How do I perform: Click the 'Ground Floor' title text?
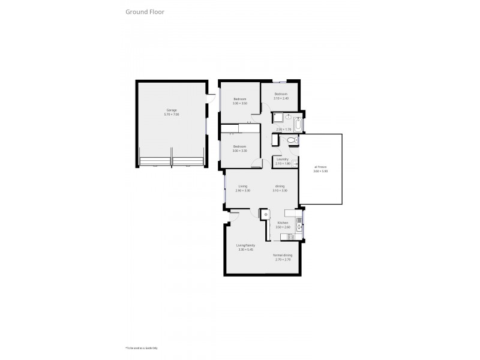145,11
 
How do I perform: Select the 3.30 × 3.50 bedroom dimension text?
240,103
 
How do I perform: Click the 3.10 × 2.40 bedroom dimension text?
281,98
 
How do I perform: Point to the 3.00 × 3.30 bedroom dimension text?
240,151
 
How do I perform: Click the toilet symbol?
292,140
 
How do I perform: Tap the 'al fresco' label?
320,167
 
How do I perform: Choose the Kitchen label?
283,223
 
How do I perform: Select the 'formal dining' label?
283,255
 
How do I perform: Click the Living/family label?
246,245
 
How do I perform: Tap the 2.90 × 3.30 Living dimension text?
243,190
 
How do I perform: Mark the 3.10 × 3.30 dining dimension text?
280,190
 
